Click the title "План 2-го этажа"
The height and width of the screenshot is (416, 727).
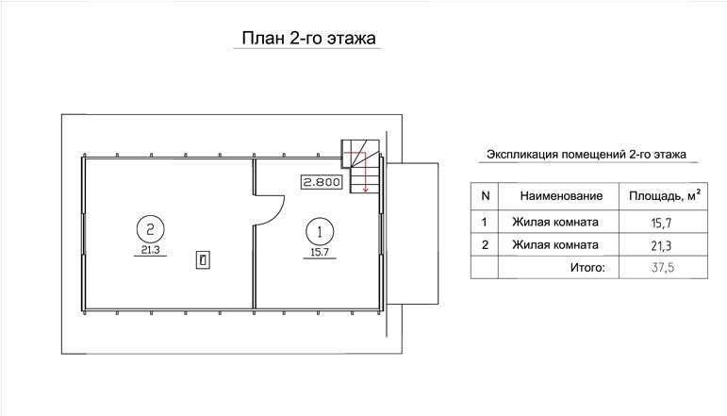(x=308, y=38)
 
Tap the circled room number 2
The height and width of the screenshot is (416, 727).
(x=150, y=228)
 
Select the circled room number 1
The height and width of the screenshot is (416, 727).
(x=320, y=231)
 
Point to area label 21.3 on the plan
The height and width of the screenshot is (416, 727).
(x=150, y=250)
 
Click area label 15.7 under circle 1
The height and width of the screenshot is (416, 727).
(x=320, y=252)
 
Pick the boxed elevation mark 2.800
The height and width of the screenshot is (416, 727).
(x=322, y=182)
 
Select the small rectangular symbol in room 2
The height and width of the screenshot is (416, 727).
(x=203, y=259)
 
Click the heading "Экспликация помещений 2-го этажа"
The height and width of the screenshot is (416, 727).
(x=587, y=155)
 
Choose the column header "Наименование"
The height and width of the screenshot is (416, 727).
(x=561, y=195)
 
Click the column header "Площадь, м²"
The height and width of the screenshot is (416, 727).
(x=665, y=195)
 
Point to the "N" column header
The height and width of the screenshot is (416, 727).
(x=485, y=195)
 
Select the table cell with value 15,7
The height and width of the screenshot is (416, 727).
(x=661, y=223)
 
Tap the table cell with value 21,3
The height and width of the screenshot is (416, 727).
(x=661, y=245)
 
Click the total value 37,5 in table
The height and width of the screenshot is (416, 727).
(x=663, y=267)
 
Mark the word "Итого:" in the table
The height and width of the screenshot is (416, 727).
(x=587, y=267)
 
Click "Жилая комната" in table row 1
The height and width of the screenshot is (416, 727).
(x=555, y=222)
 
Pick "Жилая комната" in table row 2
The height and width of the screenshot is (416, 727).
(x=555, y=244)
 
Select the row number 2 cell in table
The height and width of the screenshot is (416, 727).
(x=485, y=244)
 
